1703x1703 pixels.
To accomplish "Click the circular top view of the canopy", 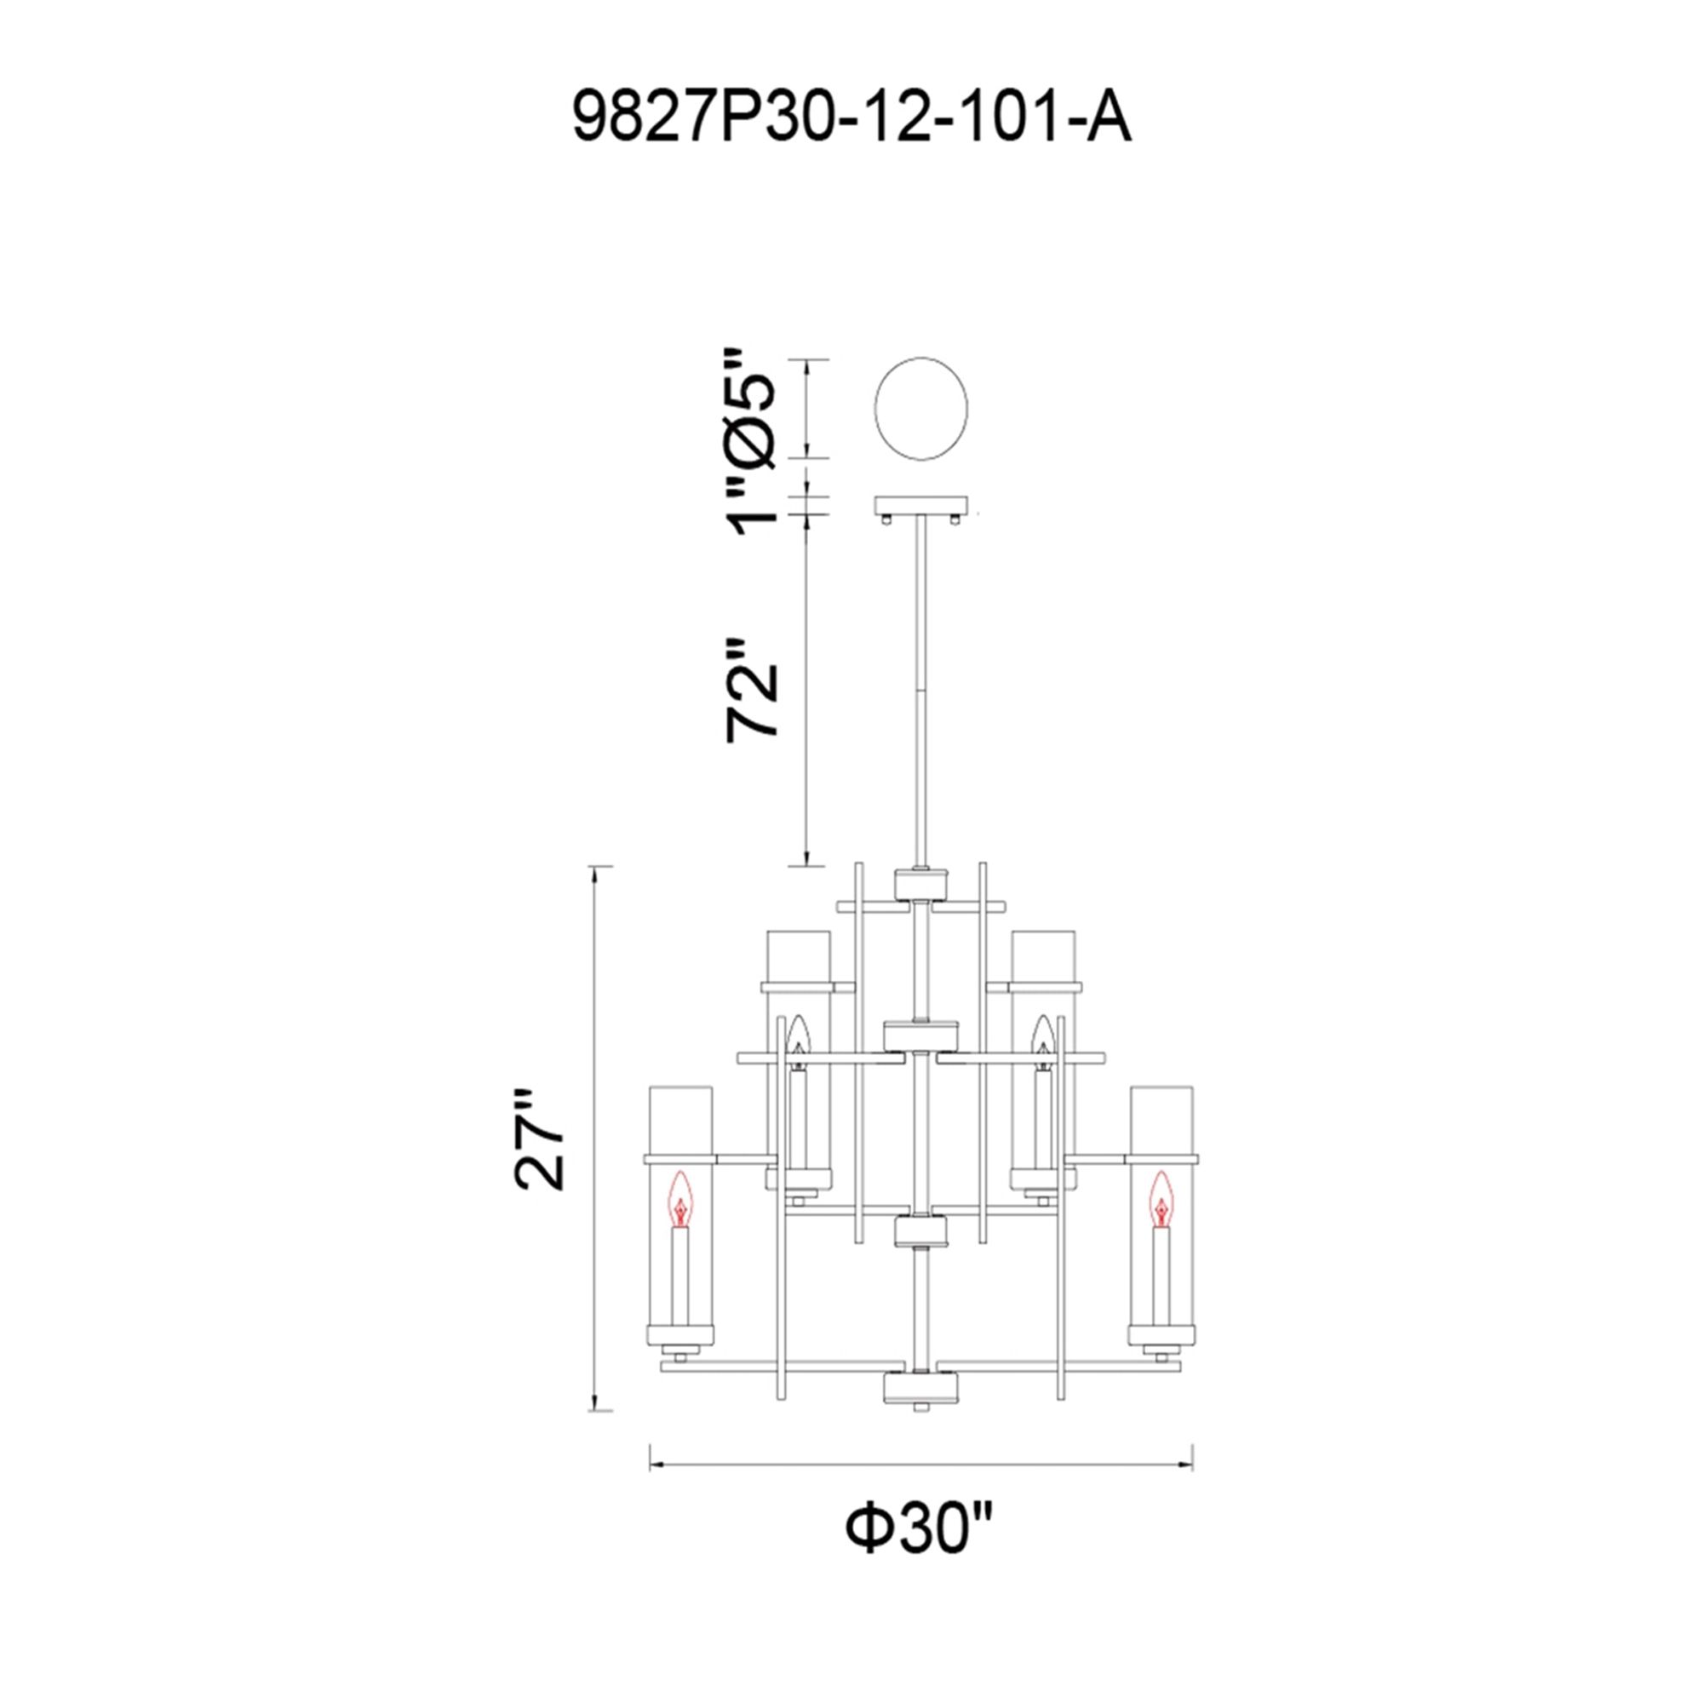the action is pyautogui.click(x=920, y=408).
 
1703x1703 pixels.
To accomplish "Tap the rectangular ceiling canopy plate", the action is pyautogui.click(x=920, y=507).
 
